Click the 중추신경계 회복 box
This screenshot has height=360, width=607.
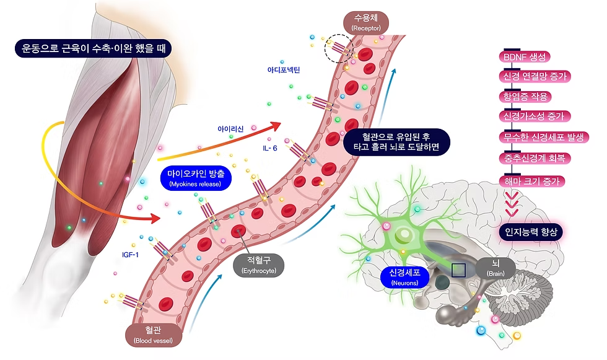pyautogui.click(x=534, y=159)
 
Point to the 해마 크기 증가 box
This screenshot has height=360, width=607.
pyautogui.click(x=531, y=182)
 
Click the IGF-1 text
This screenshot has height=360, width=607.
pyautogui.click(x=131, y=253)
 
